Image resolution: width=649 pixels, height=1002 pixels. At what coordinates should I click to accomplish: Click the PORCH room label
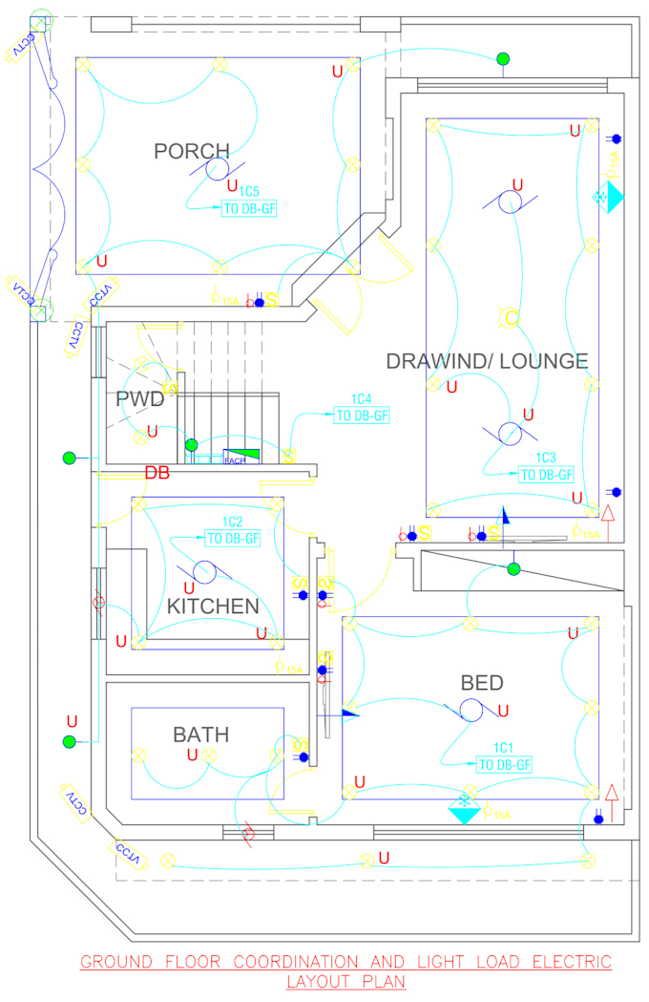click(x=192, y=151)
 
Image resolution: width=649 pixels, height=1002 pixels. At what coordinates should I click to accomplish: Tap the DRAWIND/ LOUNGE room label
click(x=487, y=361)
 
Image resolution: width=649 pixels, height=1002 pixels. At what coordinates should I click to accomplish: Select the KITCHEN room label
click(x=213, y=607)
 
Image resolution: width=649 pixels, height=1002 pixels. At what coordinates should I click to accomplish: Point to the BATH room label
click(x=200, y=735)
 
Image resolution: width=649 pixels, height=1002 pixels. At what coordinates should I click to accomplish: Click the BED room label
click(x=482, y=683)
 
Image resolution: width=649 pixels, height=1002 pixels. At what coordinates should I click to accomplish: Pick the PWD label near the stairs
click(x=140, y=399)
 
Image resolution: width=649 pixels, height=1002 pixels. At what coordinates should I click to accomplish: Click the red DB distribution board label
click(x=157, y=473)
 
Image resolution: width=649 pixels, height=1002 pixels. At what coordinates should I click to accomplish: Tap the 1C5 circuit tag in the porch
click(x=251, y=191)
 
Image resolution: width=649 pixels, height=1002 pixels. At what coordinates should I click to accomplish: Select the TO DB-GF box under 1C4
click(x=362, y=416)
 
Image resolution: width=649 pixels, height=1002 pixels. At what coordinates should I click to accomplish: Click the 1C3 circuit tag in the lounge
click(x=546, y=458)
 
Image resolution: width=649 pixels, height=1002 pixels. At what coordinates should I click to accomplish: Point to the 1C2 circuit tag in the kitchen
click(x=233, y=522)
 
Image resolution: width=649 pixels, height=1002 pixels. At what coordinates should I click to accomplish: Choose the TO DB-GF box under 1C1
click(x=504, y=764)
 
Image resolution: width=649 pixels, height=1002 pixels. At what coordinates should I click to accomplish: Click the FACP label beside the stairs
click(x=234, y=460)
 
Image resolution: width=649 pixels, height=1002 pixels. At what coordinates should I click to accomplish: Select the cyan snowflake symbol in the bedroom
click(x=465, y=802)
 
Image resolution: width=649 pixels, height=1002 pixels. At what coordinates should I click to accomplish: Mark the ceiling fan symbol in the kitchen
click(x=204, y=571)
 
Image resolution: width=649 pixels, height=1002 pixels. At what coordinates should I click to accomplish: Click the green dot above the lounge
click(x=502, y=59)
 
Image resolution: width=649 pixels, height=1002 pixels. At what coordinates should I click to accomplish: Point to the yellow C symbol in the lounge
click(x=512, y=318)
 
